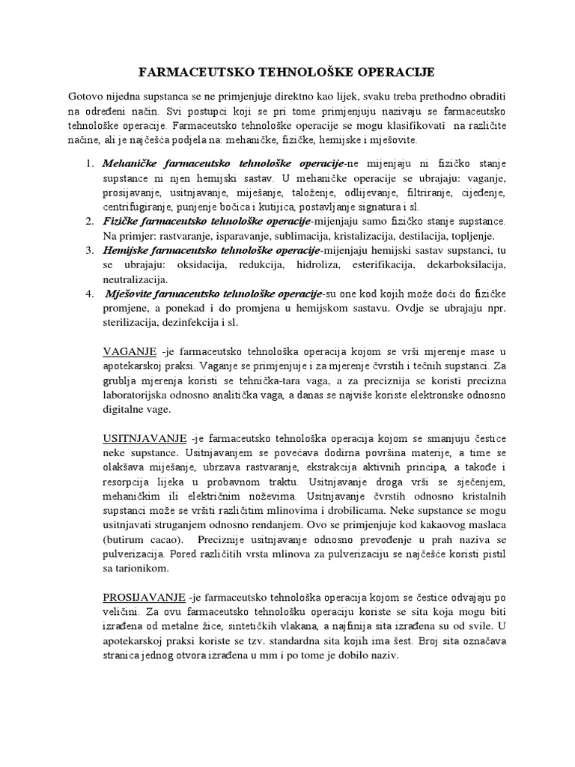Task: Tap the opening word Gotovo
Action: point(88,97)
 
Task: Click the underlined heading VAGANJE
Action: point(130,351)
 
